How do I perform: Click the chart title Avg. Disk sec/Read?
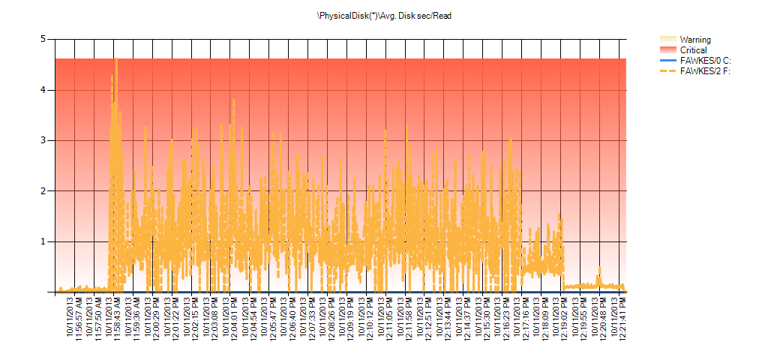pos(384,15)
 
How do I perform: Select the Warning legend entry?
pos(694,40)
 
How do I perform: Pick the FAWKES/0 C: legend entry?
pos(705,61)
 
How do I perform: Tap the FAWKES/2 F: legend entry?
pos(705,71)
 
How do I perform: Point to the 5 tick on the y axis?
pos(43,39)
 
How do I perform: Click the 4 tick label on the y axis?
pos(43,89)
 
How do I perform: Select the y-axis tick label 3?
pos(43,140)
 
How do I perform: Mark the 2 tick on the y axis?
pos(43,190)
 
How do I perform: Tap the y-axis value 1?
pos(43,241)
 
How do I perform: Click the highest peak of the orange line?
pos(116,59)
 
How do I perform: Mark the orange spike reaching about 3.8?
pos(233,100)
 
